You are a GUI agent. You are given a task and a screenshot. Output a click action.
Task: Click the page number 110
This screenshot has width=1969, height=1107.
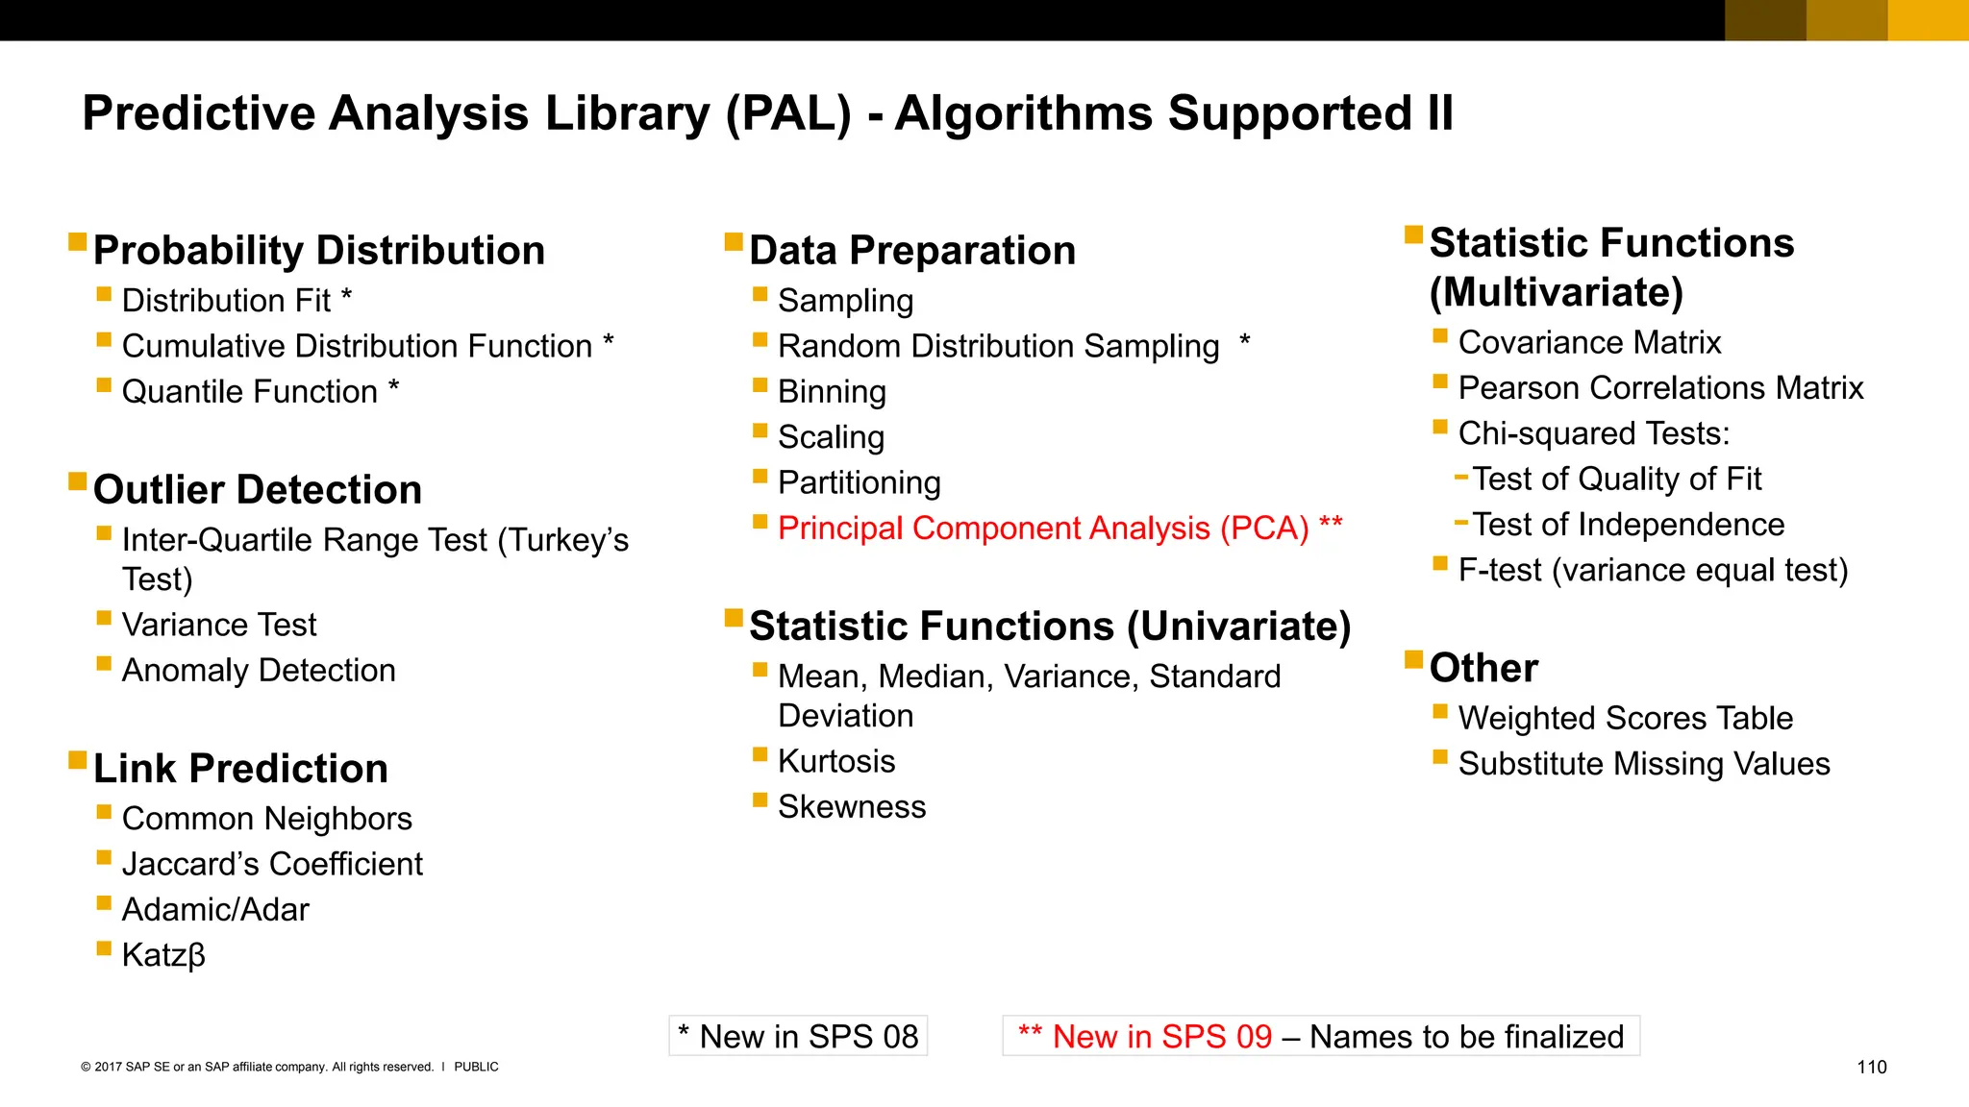point(1871,1067)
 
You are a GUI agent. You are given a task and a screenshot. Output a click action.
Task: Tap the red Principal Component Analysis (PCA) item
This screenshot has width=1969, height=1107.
point(1042,529)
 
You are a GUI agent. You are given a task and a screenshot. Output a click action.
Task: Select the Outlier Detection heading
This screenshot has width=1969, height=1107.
point(257,490)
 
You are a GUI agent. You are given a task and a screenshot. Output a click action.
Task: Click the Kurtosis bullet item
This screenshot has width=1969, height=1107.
point(835,761)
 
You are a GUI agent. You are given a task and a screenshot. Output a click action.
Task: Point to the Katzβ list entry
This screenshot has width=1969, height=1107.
point(163,955)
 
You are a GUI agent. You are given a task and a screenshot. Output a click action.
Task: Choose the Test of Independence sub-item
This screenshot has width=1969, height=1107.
point(1628,525)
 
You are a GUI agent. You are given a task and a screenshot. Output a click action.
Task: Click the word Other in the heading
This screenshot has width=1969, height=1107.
point(1483,668)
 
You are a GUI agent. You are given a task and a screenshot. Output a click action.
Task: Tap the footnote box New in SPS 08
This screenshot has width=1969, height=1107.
point(798,1036)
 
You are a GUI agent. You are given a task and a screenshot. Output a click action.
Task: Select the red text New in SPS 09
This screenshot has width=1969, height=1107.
point(1145,1036)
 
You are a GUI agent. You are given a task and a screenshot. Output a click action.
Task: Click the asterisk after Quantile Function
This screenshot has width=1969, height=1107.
point(393,386)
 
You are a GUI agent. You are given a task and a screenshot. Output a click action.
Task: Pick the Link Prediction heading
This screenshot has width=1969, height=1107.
point(240,769)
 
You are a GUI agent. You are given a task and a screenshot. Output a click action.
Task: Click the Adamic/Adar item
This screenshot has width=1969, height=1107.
point(215,910)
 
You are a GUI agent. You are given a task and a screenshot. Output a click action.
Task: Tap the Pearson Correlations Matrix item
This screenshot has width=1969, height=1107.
point(1660,388)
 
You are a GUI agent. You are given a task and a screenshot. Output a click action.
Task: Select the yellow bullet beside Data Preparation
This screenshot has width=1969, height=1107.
point(734,240)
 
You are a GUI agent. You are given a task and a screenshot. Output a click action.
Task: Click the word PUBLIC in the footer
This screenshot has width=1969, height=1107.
point(476,1067)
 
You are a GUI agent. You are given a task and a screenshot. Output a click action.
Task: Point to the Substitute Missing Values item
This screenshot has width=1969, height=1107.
point(1643,764)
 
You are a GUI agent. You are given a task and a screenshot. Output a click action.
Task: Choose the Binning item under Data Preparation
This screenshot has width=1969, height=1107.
point(832,392)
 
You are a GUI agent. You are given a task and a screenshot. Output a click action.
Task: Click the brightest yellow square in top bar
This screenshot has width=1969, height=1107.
point(1928,20)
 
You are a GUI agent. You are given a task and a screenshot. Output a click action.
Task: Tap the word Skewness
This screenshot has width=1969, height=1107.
point(851,807)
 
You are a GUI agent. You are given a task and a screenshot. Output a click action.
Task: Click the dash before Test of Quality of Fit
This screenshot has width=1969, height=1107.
point(1461,477)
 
